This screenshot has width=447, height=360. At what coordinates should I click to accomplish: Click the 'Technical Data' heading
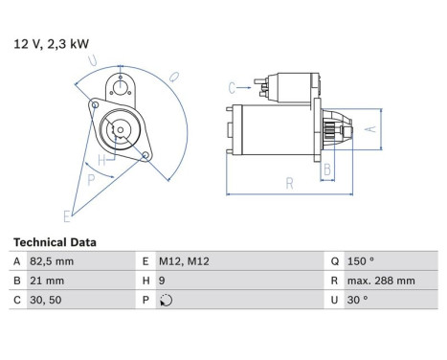pos(55,242)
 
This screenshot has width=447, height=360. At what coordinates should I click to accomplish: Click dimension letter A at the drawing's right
pos(372,126)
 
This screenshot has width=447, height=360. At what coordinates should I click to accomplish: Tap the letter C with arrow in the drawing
pos(232,88)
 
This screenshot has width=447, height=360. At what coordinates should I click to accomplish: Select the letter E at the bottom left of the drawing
pos(67,214)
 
